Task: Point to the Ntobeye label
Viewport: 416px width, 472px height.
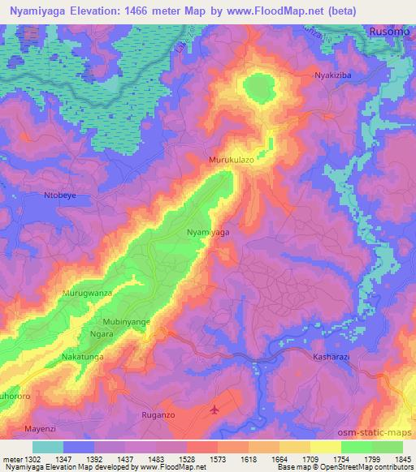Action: pos(58,196)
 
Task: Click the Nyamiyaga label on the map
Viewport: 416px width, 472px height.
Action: pos(208,233)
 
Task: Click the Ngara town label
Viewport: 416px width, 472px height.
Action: pos(102,333)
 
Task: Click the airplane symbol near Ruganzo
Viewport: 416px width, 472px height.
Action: pos(214,410)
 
